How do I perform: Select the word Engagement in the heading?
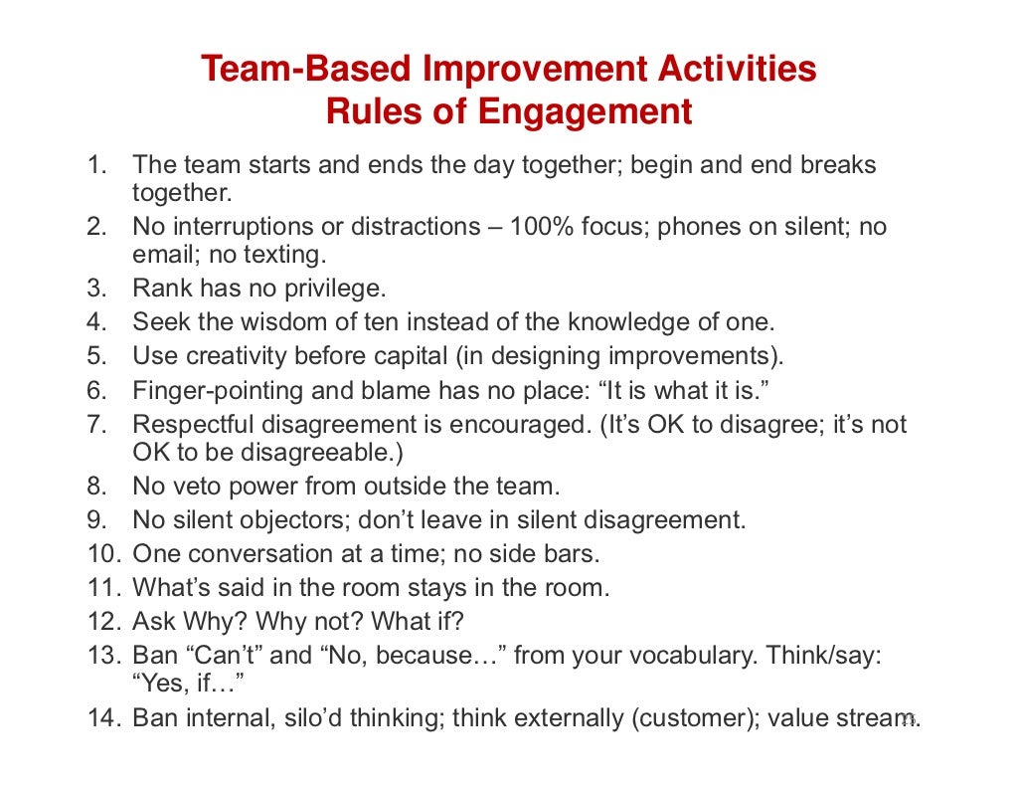click(585, 111)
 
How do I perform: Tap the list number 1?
click(95, 164)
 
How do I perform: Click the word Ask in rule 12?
click(156, 622)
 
